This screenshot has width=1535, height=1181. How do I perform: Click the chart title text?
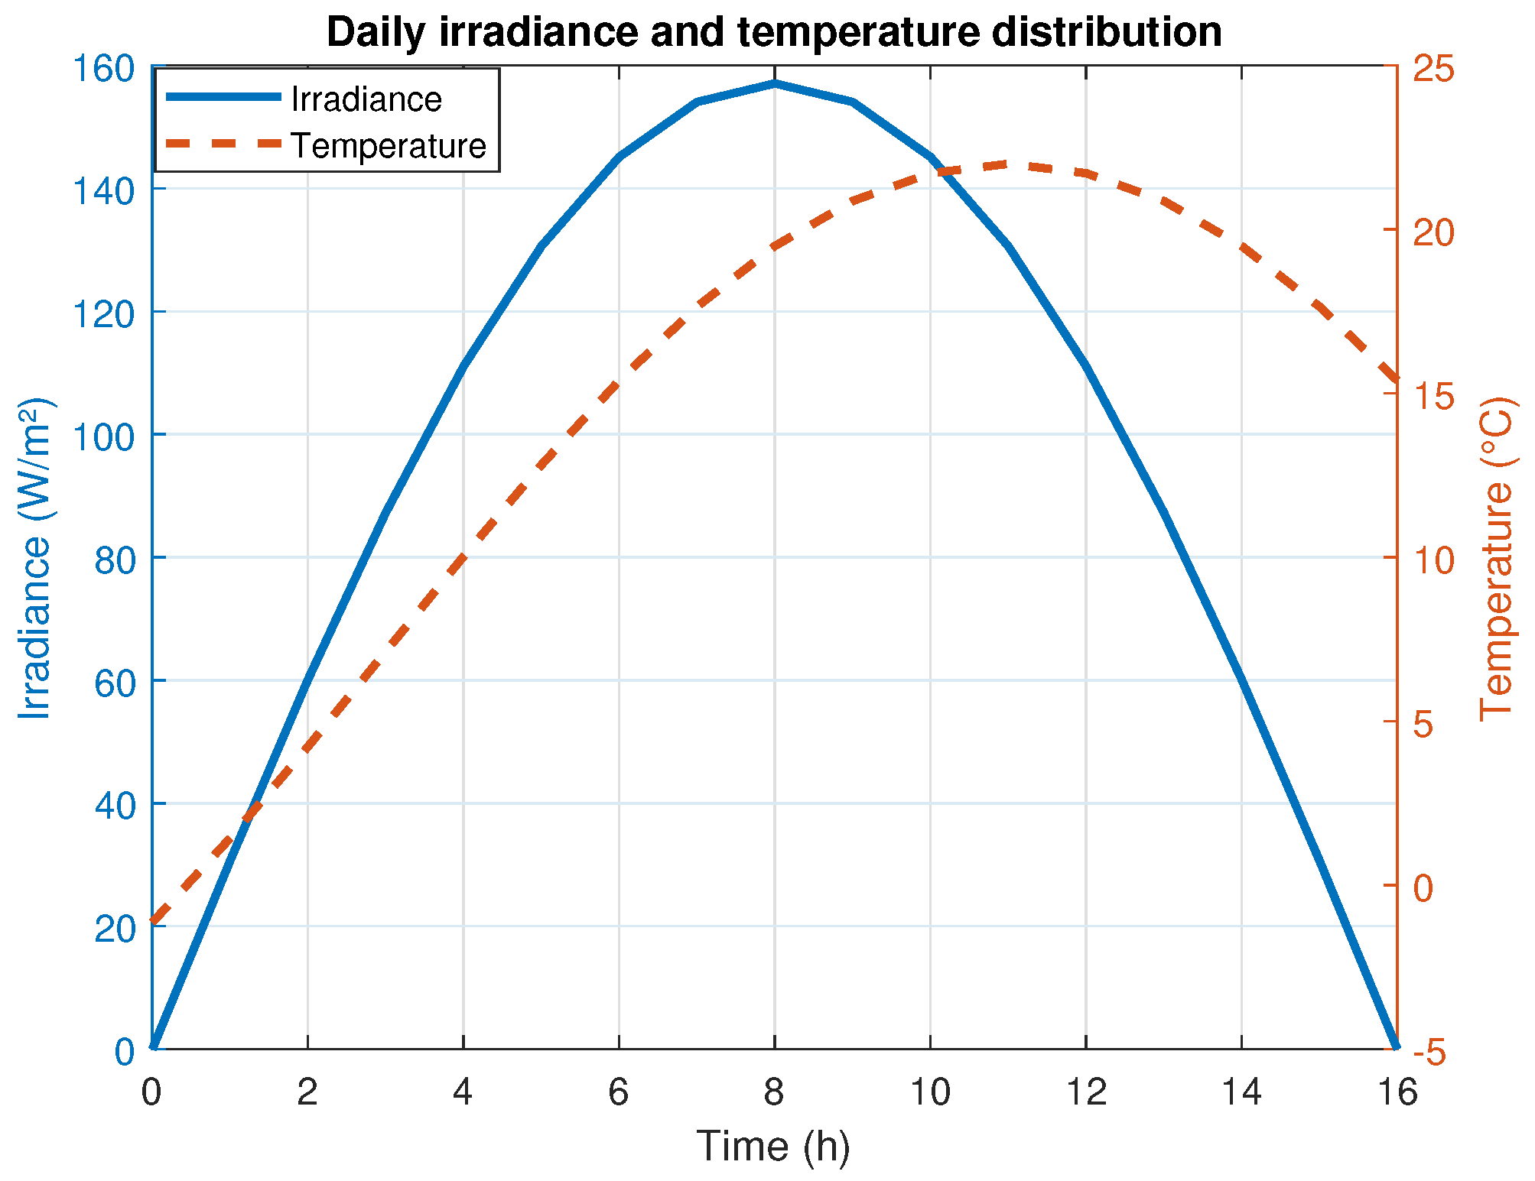pos(774,33)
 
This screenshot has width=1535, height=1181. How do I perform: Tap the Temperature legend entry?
pos(326,145)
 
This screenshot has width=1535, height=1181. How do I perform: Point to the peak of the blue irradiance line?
pos(774,83)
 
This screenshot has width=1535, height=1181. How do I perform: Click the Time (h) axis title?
pos(773,1147)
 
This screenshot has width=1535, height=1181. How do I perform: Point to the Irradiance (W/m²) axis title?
pos(35,558)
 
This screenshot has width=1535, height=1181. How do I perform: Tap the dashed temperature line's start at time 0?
pos(153,922)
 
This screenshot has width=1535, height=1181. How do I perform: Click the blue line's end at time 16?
pos(1397,1046)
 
